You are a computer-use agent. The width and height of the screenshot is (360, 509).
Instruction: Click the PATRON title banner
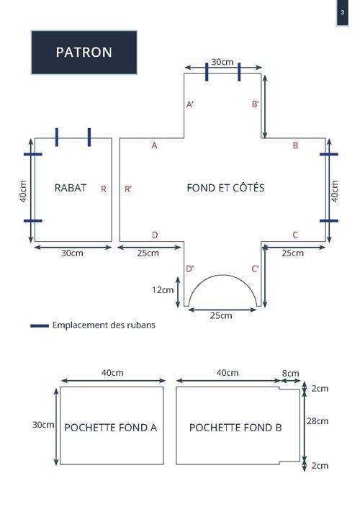(84, 53)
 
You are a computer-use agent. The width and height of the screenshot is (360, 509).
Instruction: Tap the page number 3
(342, 13)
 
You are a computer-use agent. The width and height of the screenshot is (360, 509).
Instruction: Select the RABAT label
(71, 188)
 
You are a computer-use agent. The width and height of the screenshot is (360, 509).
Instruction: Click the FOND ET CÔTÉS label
(225, 188)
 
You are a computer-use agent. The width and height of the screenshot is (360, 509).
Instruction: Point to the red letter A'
(190, 104)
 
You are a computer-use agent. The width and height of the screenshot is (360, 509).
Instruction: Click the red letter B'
(256, 104)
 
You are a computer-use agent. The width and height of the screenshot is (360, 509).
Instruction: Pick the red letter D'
(190, 269)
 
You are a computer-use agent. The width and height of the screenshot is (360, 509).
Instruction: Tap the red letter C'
(255, 269)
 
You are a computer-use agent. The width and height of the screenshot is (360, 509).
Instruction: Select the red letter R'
(128, 189)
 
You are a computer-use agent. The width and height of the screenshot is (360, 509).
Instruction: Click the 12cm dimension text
(163, 290)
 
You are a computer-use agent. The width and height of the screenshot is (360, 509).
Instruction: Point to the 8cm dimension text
(291, 374)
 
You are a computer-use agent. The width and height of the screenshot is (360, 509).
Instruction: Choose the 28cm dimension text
(318, 421)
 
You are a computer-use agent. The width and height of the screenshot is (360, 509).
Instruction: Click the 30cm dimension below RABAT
(72, 253)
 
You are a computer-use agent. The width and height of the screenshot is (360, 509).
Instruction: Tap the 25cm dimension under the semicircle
(221, 315)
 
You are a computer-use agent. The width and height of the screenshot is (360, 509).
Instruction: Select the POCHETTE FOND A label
(111, 428)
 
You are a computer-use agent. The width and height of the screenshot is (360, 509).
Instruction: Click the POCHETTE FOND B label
(235, 427)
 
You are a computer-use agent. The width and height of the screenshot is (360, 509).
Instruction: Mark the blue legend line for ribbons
(40, 325)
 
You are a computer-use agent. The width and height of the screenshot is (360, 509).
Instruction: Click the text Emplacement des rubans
(104, 325)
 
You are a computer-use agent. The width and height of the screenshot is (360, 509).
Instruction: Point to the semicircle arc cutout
(223, 275)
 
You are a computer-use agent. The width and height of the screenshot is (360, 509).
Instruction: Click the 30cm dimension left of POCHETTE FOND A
(43, 425)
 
